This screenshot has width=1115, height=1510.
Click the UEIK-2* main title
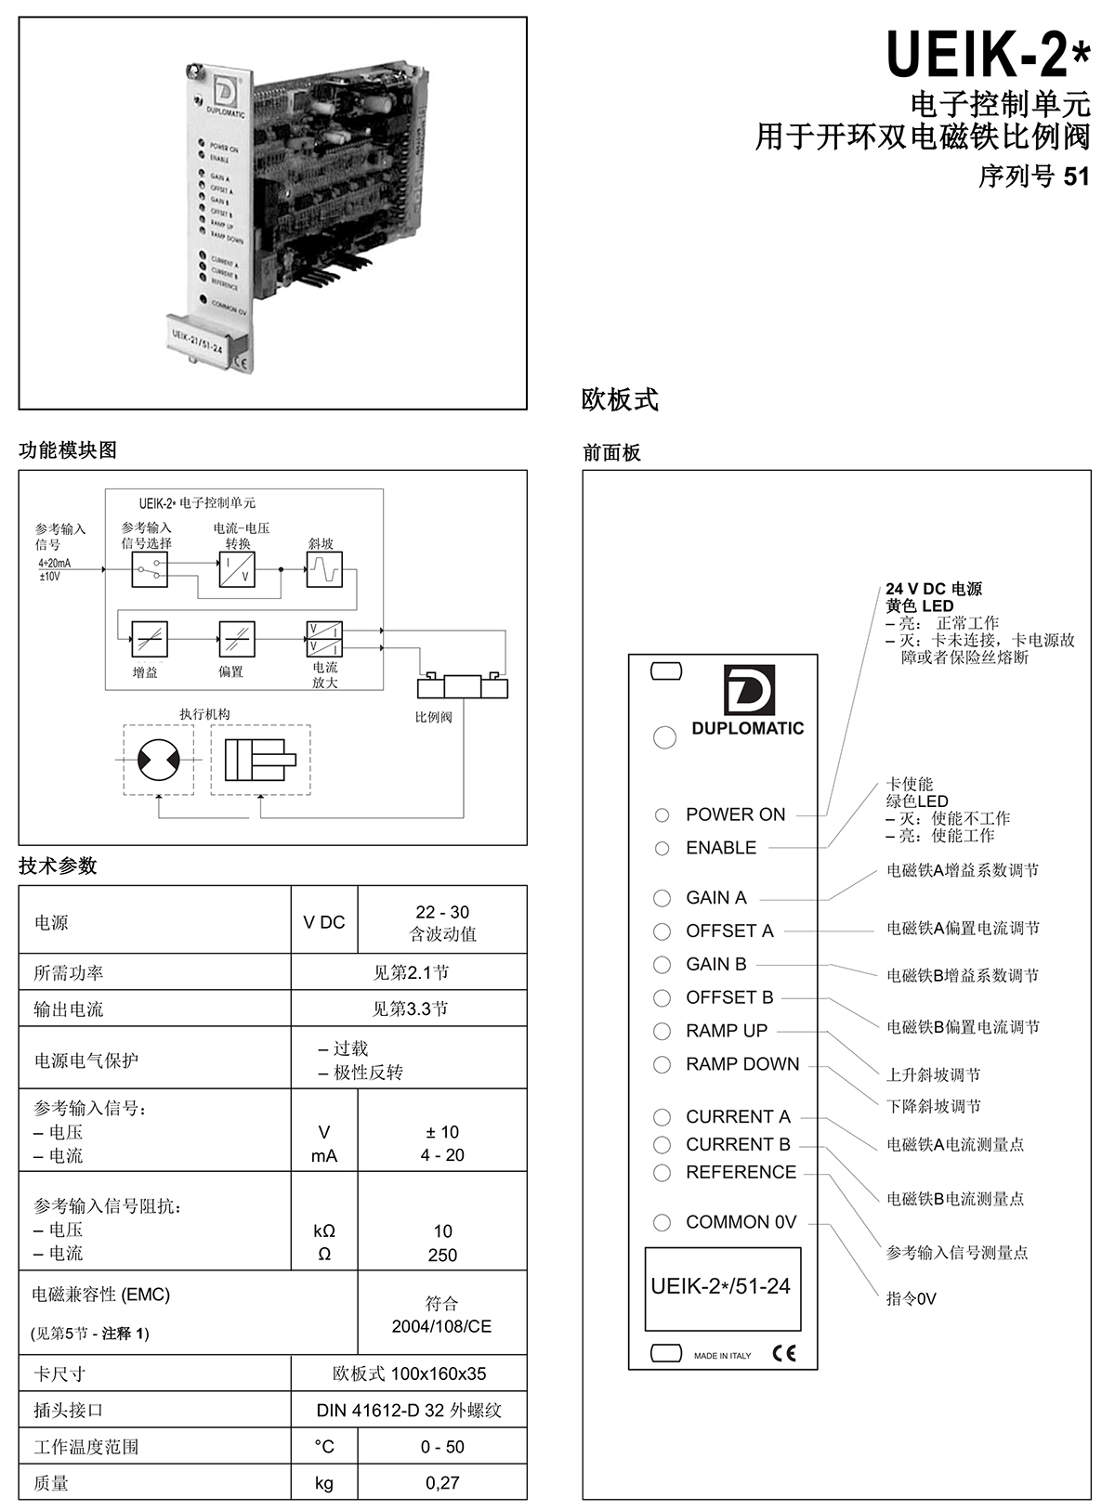[x=989, y=55]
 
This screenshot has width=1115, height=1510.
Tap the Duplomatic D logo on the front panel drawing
[x=749, y=690]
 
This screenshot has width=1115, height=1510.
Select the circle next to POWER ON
[x=662, y=815]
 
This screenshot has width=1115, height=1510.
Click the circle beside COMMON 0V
[x=662, y=1222]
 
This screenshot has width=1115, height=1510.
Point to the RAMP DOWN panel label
[x=742, y=1064]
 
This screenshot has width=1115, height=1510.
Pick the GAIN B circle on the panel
[x=662, y=965]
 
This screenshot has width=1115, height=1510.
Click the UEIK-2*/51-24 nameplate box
[x=723, y=1289]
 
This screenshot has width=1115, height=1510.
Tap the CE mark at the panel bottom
[x=784, y=1353]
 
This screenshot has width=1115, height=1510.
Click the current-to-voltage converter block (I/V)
[x=237, y=569]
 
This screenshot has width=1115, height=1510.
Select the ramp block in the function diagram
[x=324, y=569]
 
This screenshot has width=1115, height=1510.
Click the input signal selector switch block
[x=150, y=569]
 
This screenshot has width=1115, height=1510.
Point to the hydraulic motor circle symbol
[x=159, y=760]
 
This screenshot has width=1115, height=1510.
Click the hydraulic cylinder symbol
[x=260, y=760]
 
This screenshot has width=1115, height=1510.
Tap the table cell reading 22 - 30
[x=442, y=912]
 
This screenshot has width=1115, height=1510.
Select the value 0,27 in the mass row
[x=442, y=1483]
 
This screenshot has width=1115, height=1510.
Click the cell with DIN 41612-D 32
[x=409, y=1410]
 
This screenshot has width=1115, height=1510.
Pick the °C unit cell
[x=323, y=1447]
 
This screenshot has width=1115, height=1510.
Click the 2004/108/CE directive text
[x=441, y=1326]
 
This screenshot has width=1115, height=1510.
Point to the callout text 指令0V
[x=911, y=1299]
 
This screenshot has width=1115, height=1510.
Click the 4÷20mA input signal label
[x=55, y=563]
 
